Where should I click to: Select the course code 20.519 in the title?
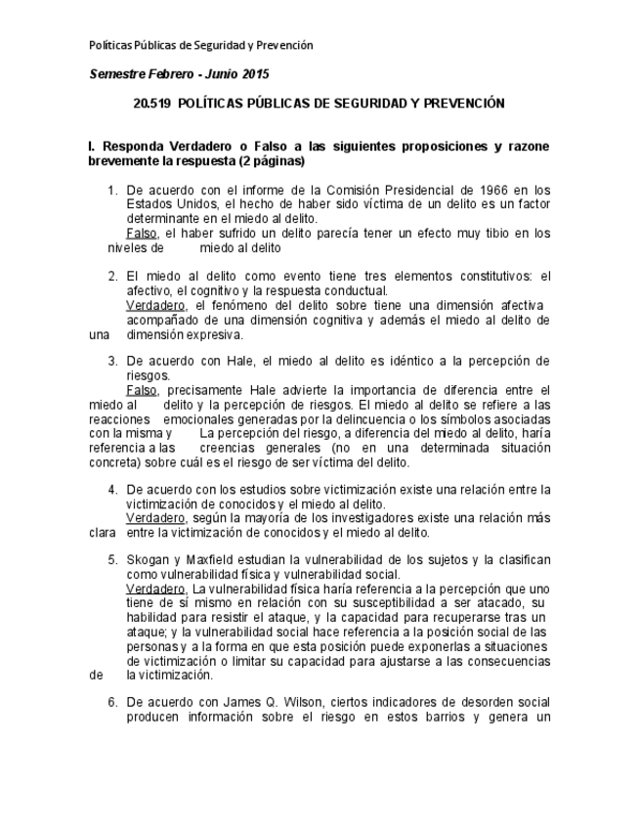pyautogui.click(x=151, y=103)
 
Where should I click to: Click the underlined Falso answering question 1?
pyautogui.click(x=143, y=234)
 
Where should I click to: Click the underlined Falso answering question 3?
pyautogui.click(x=143, y=390)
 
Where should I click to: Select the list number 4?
pyautogui.click(x=112, y=490)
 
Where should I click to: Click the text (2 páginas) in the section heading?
pyautogui.click(x=266, y=161)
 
